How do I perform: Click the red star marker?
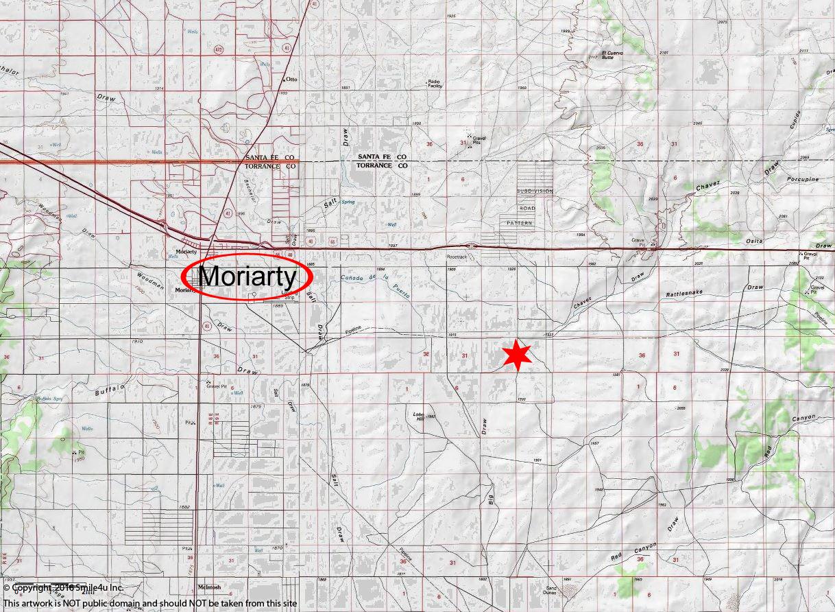tap(517, 355)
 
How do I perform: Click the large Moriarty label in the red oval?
tap(248, 276)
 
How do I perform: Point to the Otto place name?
tap(292, 80)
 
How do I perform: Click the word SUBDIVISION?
tap(535, 191)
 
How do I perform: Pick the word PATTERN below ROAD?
tap(524, 224)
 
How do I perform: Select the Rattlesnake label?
tap(685, 294)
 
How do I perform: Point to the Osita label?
tap(754, 241)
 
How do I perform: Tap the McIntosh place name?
tap(209, 587)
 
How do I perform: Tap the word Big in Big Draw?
tap(491, 498)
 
